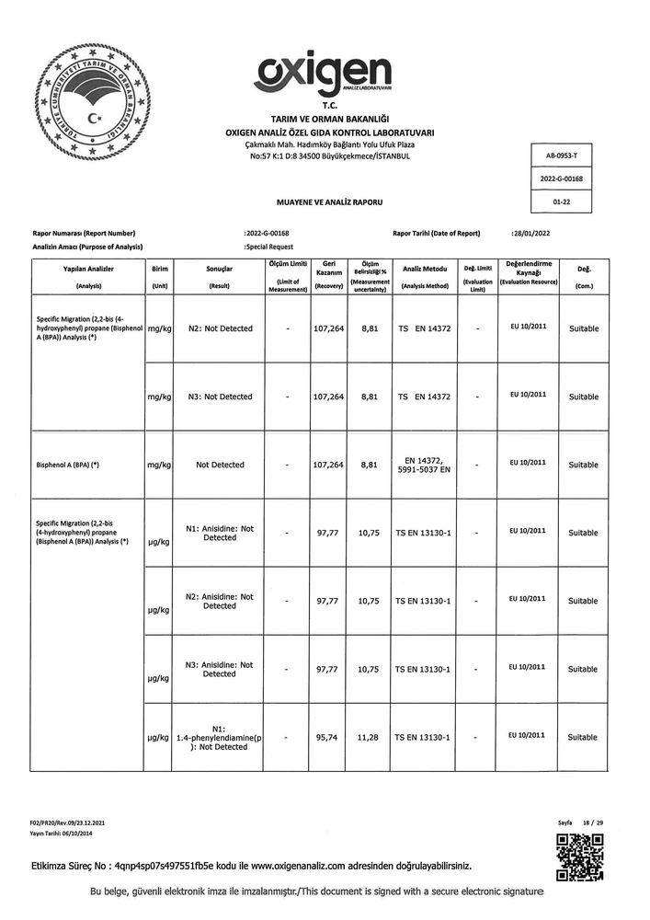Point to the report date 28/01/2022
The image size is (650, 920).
pos(530,234)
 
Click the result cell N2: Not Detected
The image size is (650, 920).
pos(220,328)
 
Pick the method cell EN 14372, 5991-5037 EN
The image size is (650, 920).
pos(424,465)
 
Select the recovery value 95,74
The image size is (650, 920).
pos(328,737)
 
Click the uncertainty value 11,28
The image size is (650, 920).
pos(370,737)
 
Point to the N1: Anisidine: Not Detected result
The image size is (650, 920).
pos(220,533)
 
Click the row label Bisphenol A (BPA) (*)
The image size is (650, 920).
pos(69,465)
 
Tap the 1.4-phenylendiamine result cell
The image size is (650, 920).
pos(220,737)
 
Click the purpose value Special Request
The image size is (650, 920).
pos(269,247)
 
